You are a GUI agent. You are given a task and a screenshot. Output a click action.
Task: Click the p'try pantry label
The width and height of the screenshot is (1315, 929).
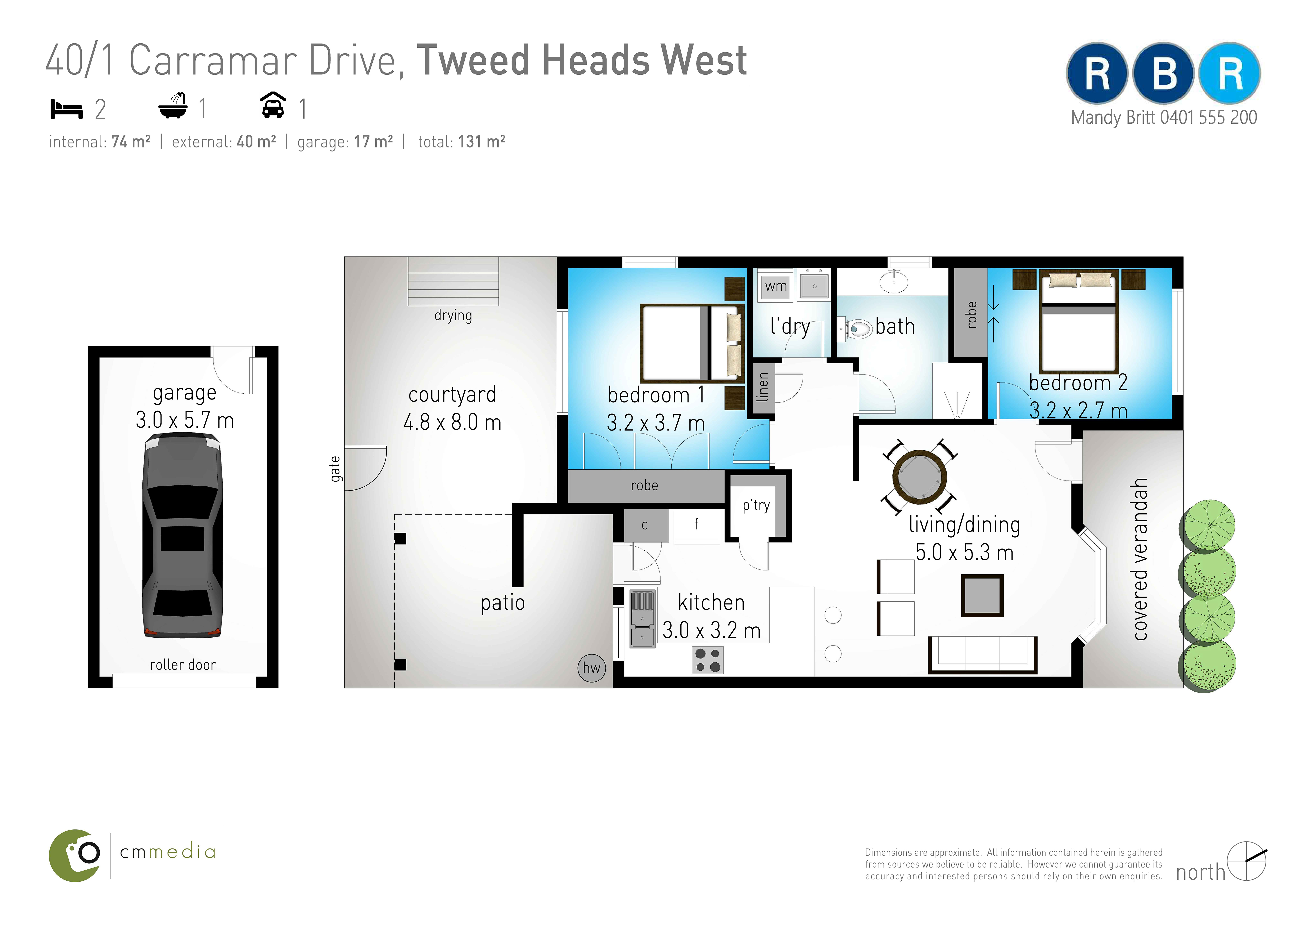coord(756,505)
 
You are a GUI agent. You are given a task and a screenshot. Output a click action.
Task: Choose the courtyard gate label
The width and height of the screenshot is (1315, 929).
coord(335,469)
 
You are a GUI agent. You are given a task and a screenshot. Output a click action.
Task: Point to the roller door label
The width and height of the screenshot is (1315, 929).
coord(183,665)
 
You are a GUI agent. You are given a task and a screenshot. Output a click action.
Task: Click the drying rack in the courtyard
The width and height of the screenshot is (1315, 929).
coord(453,281)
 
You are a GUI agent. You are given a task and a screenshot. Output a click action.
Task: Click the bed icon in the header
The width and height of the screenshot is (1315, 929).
coord(66,109)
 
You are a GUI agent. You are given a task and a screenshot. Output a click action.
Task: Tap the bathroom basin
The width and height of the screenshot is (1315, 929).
coord(893,282)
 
